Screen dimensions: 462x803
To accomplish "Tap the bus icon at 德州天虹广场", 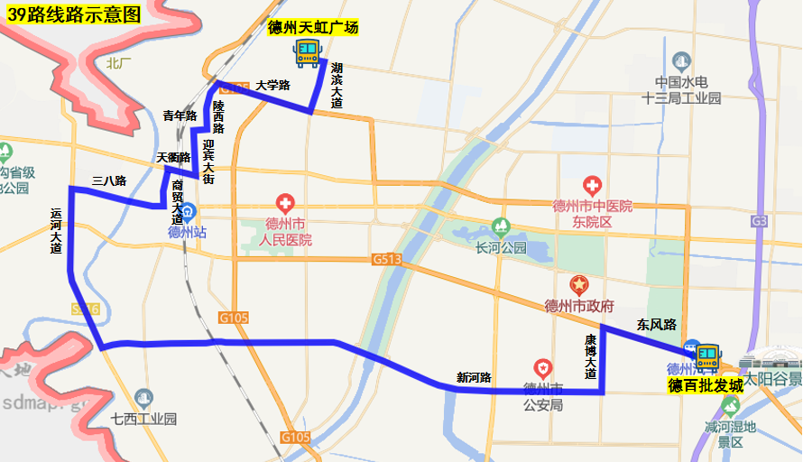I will (x=307, y=51).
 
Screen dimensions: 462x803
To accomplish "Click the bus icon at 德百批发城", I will (x=706, y=355).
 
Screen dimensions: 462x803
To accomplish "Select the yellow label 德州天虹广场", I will (x=313, y=28).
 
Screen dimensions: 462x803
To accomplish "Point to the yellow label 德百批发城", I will (x=706, y=385).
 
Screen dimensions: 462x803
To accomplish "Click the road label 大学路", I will (x=272, y=86).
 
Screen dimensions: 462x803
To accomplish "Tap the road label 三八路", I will (x=109, y=180).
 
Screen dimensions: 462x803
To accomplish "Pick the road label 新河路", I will (x=474, y=377).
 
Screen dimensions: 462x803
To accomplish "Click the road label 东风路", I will (x=656, y=325).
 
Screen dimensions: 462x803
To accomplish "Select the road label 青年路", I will (x=180, y=115).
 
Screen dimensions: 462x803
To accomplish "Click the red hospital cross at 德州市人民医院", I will (x=286, y=201).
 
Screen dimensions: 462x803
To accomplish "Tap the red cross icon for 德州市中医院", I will (x=592, y=187).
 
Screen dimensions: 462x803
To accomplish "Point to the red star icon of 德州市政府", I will (x=578, y=284).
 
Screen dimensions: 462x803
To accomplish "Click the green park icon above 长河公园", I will (x=500, y=226).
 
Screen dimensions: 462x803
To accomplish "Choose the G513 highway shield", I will (x=385, y=259).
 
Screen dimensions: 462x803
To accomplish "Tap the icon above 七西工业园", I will (x=143, y=397).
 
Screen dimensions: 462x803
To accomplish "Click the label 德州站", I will (x=187, y=232).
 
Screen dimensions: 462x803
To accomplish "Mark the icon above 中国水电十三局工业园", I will (x=681, y=60).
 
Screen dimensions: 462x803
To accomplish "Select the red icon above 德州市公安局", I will (x=542, y=368).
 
